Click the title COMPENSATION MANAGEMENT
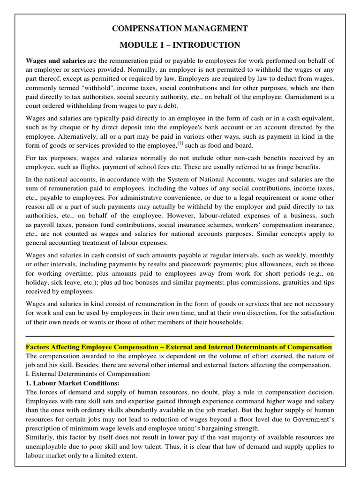click(x=180, y=29)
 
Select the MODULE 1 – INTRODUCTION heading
click(x=180, y=45)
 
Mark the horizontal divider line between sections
click(x=180, y=336)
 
